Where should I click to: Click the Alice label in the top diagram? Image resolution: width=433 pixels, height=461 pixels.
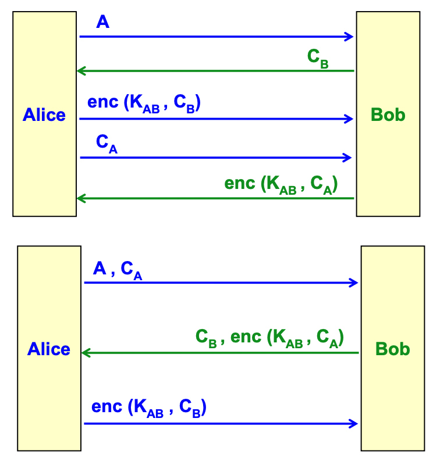[44, 115]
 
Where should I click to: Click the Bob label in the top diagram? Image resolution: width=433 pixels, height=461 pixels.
[388, 115]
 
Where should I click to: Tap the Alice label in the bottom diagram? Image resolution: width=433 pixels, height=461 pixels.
[49, 349]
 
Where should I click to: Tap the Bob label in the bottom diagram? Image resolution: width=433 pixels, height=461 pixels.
[392, 349]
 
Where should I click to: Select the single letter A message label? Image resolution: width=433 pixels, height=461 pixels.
[102, 23]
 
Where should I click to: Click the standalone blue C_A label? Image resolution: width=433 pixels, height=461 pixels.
[107, 144]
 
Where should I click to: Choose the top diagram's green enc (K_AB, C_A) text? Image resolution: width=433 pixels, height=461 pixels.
[281, 184]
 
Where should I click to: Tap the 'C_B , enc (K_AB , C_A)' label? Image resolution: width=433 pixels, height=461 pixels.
[269, 338]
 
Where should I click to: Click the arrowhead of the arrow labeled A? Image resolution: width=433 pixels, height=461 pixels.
[350, 37]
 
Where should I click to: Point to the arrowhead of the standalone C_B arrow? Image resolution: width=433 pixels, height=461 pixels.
[81, 71]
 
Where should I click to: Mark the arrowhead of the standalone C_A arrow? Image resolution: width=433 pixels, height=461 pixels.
[348, 157]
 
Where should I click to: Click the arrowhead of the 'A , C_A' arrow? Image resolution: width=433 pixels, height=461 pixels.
[354, 283]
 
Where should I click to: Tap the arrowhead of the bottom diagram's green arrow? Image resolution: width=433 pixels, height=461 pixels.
[86, 353]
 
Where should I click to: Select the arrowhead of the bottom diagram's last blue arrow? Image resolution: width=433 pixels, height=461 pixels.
[354, 423]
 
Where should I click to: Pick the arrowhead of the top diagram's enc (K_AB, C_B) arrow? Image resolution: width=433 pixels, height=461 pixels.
[350, 119]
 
